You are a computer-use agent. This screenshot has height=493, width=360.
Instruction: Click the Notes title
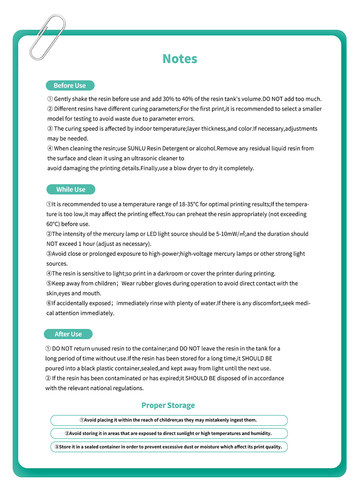coord(180,59)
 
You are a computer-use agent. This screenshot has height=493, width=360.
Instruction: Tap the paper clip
coord(47,37)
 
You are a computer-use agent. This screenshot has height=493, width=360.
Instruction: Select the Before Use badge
coord(70,85)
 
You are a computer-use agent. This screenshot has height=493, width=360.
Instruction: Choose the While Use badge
coord(71,189)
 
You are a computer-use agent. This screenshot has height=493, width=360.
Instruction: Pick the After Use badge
coord(68,334)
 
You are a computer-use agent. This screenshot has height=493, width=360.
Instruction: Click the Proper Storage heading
coord(168,405)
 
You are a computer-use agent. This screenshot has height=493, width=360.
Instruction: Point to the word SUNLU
coord(136,148)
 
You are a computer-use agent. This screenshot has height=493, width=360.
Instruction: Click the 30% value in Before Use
coord(168,99)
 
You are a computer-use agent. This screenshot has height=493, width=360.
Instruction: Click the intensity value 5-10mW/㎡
coord(230,234)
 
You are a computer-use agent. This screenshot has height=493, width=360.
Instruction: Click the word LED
coord(151,234)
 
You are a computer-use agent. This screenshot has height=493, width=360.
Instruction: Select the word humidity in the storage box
coord(261,433)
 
